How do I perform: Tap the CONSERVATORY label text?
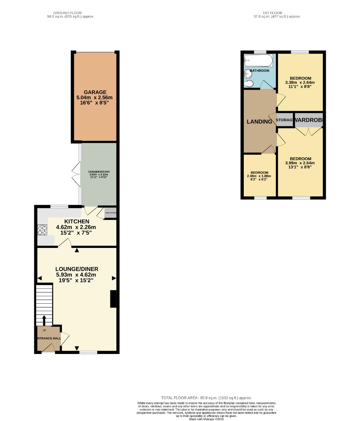tap(99, 172)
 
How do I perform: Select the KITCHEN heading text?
tap(76, 221)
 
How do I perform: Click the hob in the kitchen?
tap(42, 230)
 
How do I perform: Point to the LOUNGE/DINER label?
tap(76, 269)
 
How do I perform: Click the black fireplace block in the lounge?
tap(113, 299)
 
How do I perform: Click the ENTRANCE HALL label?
tap(49, 338)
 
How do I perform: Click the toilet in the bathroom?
tap(248, 83)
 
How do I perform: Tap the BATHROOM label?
tap(259, 71)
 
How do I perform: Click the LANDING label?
tap(259, 122)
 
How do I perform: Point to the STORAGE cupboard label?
tap(284, 120)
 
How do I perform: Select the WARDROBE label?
tap(309, 120)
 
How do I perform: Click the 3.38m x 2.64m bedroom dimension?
tap(300, 83)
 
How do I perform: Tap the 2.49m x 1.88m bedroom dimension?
tap(259, 176)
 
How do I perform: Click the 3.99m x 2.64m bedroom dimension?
tap(300, 163)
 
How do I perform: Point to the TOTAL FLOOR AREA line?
tap(206, 398)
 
